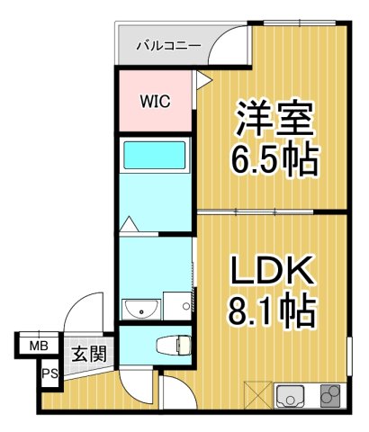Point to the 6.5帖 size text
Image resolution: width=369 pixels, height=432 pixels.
point(274,161)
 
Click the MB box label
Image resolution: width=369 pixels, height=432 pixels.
point(39,345)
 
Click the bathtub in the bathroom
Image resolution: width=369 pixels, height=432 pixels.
point(154,155)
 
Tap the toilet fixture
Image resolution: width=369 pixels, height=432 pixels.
point(171,344)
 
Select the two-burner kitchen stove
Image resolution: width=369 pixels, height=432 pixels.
point(329,395)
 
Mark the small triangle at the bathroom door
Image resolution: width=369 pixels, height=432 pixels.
point(130,223)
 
